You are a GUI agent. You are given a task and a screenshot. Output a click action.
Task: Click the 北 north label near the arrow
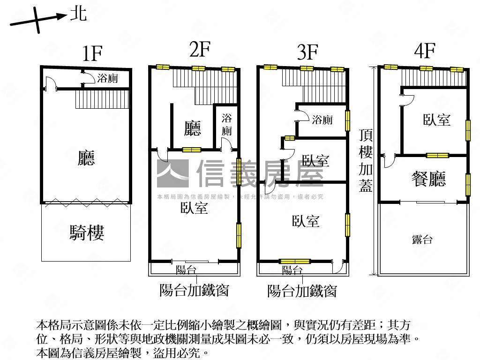pyautogui.click(x=78, y=14)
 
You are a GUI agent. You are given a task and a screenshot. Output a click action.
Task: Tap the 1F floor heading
pyautogui.click(x=92, y=54)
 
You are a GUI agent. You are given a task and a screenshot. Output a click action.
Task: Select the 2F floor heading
pyautogui.click(x=200, y=49)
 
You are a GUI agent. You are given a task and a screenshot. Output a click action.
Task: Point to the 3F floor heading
pyautogui.click(x=307, y=52)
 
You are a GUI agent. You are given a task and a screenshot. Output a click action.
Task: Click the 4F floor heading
pyautogui.click(x=425, y=51)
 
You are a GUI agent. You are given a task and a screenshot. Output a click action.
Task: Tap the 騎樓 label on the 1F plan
pyautogui.click(x=87, y=232)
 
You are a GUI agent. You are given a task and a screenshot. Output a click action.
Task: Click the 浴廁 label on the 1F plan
pyautogui.click(x=107, y=78)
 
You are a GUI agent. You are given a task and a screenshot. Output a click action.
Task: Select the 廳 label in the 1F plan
pyautogui.click(x=86, y=158)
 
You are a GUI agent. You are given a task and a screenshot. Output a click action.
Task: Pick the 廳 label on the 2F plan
pyautogui.click(x=193, y=128)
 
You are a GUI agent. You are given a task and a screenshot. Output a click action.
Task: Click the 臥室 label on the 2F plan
pyautogui.click(x=194, y=208)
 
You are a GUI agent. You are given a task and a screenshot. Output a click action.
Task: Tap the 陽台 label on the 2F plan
pyautogui.click(x=186, y=270)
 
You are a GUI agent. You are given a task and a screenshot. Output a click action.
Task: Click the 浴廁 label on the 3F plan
pyautogui.click(x=322, y=120)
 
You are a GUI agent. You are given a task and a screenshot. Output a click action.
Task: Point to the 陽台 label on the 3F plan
pyautogui.click(x=292, y=270)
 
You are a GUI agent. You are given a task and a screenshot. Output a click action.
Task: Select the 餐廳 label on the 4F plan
pyautogui.click(x=428, y=179)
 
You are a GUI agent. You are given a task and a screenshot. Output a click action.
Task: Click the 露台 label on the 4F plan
pyautogui.click(x=422, y=240)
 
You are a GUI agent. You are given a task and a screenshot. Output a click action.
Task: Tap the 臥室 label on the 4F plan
pyautogui.click(x=436, y=120)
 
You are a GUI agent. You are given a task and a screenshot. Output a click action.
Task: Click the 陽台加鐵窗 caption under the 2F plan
pyautogui.click(x=194, y=290)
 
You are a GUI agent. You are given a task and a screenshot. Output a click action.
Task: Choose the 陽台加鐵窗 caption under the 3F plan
pyautogui.click(x=302, y=291)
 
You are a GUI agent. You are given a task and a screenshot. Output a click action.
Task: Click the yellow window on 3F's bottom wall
pyautogui.click(x=295, y=261)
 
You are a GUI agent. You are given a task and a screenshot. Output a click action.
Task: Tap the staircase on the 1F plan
pyautogui.click(x=102, y=99)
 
